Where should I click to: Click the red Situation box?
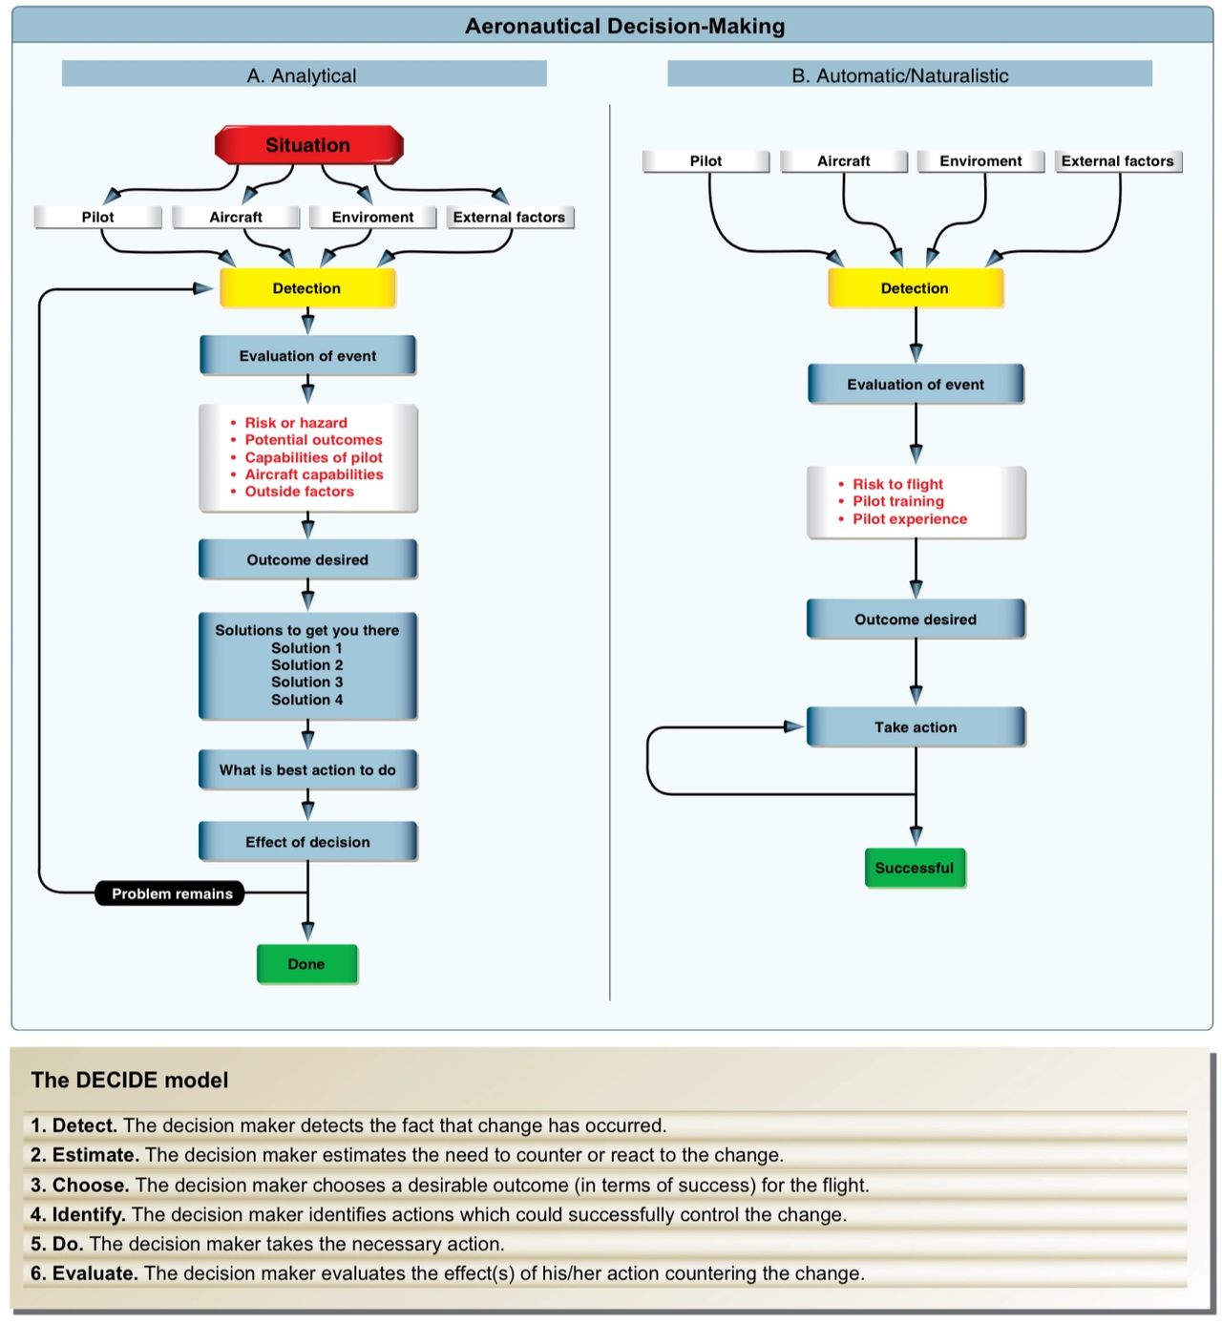click(308, 145)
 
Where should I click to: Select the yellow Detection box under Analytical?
click(307, 288)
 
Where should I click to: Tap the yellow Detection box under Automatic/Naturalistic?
click(915, 288)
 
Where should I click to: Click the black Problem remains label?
click(171, 893)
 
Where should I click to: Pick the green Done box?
click(306, 964)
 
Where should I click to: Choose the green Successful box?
click(915, 868)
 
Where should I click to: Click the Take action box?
click(915, 727)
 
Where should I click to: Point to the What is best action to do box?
click(307, 770)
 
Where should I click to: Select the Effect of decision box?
click(307, 842)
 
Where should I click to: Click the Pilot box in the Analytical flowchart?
click(97, 218)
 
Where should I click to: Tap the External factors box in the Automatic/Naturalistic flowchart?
click(1118, 161)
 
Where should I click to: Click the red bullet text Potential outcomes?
click(313, 440)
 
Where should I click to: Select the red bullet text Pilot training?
click(898, 501)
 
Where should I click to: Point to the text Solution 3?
click(306, 683)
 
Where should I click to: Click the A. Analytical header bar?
click(304, 75)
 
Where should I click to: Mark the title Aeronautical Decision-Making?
click(624, 27)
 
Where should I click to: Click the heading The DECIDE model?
click(130, 1081)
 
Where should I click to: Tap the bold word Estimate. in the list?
click(95, 1155)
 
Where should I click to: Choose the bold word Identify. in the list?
click(89, 1214)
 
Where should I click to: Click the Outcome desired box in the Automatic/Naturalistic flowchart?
click(915, 620)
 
